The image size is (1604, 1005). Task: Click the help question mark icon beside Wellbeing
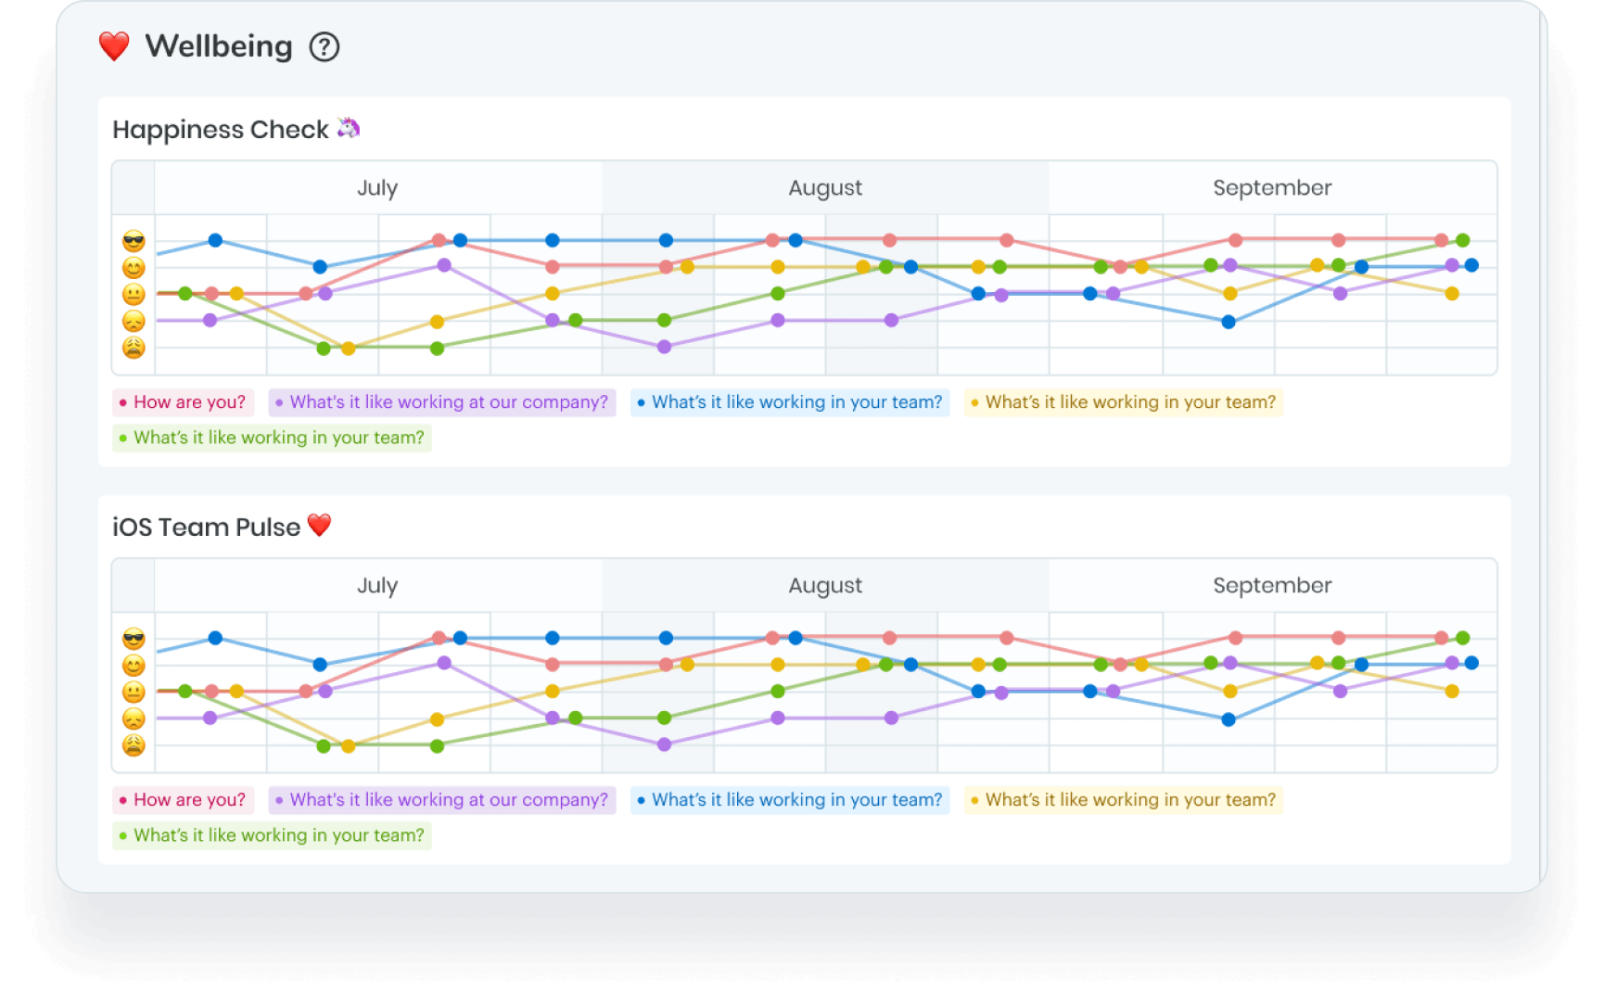(325, 46)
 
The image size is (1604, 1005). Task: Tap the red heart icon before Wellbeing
(114, 46)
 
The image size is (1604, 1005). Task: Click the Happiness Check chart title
(221, 130)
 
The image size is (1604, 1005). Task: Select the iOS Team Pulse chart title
(206, 528)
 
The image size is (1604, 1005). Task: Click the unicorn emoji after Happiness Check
(349, 128)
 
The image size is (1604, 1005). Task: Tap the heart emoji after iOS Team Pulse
(319, 525)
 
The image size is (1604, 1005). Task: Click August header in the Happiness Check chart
(825, 188)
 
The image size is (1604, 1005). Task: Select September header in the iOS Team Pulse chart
(1272, 586)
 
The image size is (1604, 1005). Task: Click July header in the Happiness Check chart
(377, 188)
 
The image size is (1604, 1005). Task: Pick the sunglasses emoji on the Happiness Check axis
(134, 242)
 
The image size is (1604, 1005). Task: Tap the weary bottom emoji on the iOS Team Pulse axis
(134, 745)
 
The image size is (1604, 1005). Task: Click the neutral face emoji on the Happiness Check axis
(134, 295)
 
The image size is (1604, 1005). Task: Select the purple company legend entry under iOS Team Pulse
(441, 800)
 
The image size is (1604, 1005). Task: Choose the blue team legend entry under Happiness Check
(790, 402)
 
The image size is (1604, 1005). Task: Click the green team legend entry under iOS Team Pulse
(272, 835)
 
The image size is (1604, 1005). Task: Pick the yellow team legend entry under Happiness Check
(1124, 402)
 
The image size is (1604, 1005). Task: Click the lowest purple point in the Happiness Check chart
(664, 347)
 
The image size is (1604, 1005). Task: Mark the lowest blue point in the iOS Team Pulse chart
(1228, 719)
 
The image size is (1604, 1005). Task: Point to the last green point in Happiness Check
(1462, 240)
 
